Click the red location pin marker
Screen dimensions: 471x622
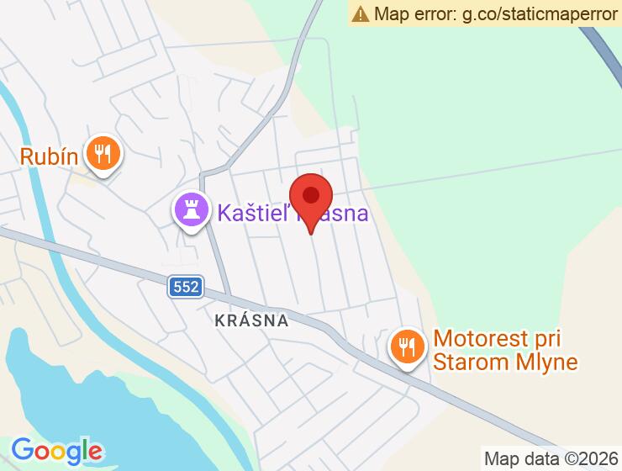[311, 202]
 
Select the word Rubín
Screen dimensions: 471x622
[50, 156]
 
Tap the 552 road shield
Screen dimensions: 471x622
[185, 287]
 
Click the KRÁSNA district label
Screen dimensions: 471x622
[251, 320]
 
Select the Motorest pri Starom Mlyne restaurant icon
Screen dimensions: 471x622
[407, 347]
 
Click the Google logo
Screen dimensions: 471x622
[57, 451]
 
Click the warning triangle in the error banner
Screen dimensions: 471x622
[361, 13]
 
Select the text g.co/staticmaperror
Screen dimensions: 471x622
[536, 13]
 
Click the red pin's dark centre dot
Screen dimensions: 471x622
[311, 196]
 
